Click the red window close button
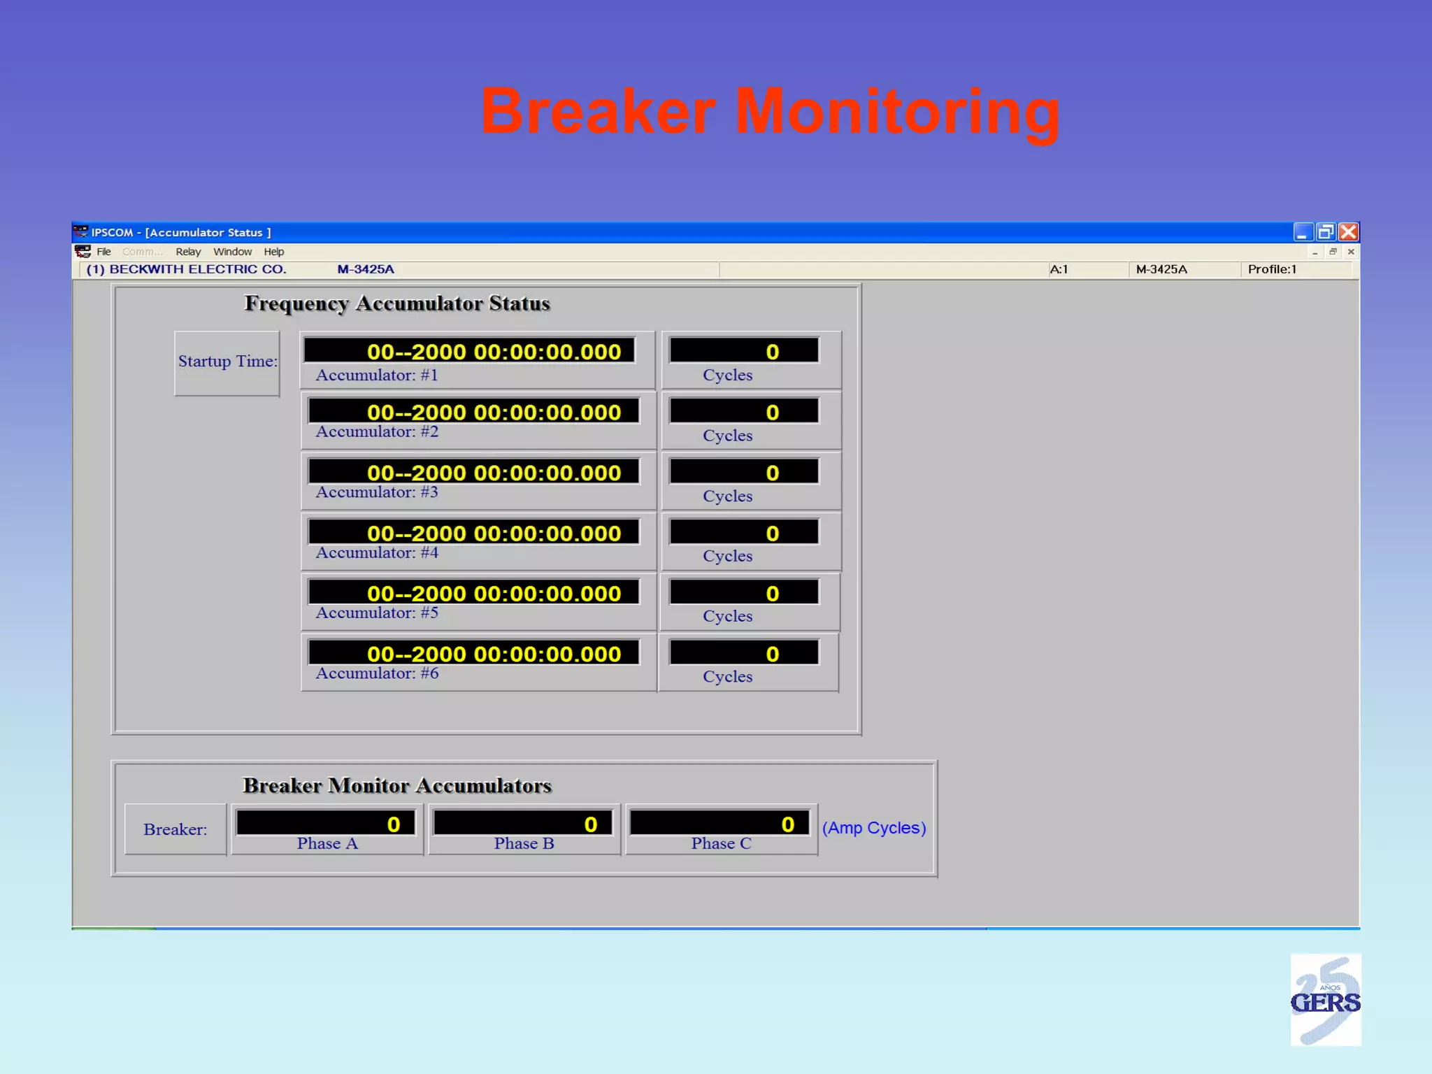(x=1349, y=232)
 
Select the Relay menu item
(x=187, y=252)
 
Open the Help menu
(x=273, y=252)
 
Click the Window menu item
(x=232, y=252)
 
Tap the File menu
(x=103, y=252)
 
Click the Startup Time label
(x=227, y=361)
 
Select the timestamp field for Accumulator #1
(x=470, y=351)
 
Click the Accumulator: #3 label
(x=377, y=492)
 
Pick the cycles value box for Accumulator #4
(x=744, y=533)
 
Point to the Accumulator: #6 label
(x=377, y=673)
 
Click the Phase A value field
(x=326, y=824)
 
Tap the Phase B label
(x=524, y=844)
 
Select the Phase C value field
(x=719, y=824)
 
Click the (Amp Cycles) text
(x=874, y=828)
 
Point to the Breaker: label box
(x=176, y=829)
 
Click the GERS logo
(x=1325, y=1001)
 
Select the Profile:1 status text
(x=1272, y=269)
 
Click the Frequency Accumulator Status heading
(x=397, y=303)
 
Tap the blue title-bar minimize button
(x=1302, y=232)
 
